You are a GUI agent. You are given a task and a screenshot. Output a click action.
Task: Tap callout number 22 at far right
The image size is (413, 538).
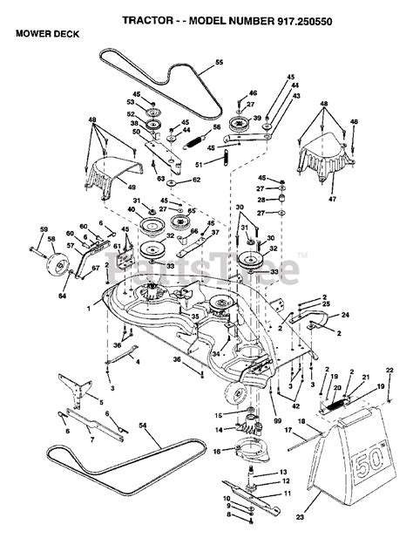pyautogui.click(x=389, y=371)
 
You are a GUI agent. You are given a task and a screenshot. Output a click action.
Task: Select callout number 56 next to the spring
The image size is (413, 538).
pyautogui.click(x=216, y=126)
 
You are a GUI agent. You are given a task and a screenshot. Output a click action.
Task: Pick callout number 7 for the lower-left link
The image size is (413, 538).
pyautogui.click(x=91, y=441)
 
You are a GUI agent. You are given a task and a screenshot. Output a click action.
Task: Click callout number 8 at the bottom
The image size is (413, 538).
pyautogui.click(x=227, y=517)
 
